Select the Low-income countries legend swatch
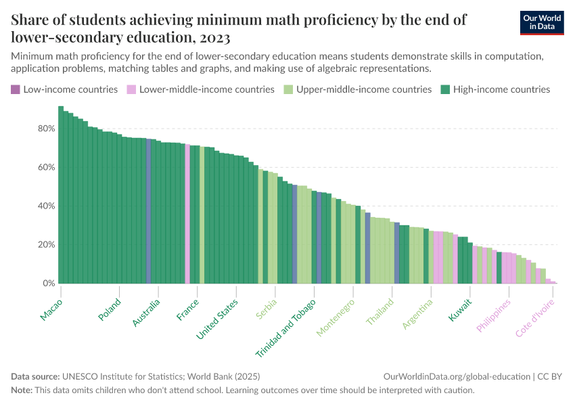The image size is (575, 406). point(16,89)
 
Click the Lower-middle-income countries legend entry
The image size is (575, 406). point(200,89)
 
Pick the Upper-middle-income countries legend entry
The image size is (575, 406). point(357,89)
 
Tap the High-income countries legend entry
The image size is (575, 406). point(495,89)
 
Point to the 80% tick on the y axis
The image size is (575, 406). point(45,129)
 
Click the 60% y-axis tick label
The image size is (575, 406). point(45,167)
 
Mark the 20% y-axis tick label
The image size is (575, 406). point(45,245)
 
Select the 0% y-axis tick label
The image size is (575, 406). point(48,284)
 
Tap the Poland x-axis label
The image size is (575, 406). point(109,311)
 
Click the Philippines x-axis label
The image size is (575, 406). point(494,315)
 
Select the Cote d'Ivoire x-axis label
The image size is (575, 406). point(533,319)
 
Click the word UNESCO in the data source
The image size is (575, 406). point(81,376)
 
